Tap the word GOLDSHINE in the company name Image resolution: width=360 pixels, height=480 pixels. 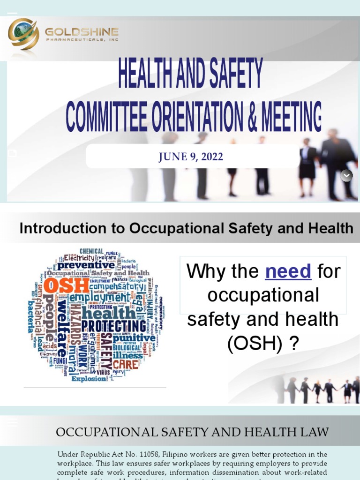82,32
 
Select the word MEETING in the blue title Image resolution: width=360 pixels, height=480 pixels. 292,117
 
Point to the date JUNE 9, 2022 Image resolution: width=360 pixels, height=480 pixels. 191,157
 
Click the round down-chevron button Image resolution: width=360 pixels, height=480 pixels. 346,175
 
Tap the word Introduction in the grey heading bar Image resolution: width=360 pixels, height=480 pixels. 56,228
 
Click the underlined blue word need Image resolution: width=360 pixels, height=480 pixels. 288,271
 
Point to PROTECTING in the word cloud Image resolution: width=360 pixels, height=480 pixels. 114,326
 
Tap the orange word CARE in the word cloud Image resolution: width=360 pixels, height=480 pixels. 125,364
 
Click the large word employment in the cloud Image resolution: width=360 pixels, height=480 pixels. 99,297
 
